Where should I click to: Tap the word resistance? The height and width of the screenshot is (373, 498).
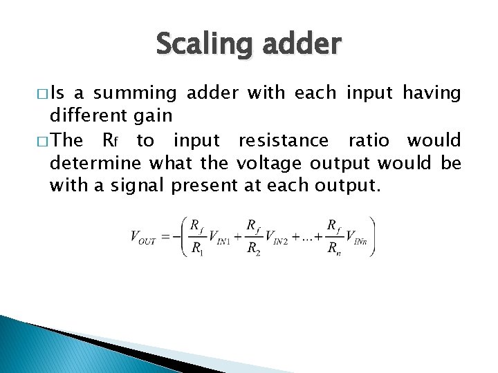tap(284, 141)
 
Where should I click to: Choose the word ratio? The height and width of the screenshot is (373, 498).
tap(369, 141)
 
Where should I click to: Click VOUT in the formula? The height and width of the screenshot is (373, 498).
tap(143, 237)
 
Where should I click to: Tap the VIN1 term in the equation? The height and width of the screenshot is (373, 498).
tap(221, 237)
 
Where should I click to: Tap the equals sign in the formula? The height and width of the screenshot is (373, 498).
tap(165, 236)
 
